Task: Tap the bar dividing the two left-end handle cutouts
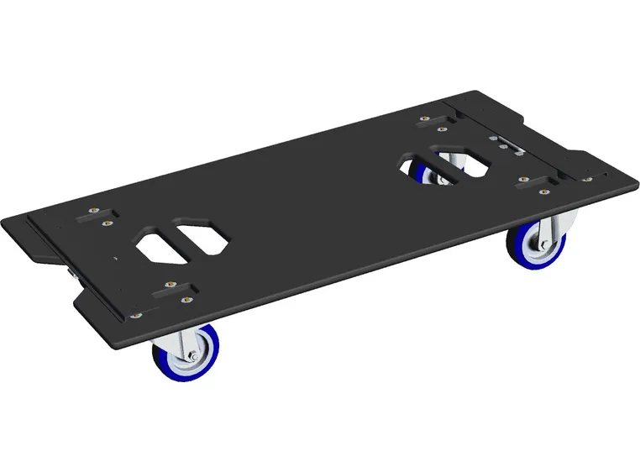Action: (x=181, y=239)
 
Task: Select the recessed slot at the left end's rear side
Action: (x=91, y=218)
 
